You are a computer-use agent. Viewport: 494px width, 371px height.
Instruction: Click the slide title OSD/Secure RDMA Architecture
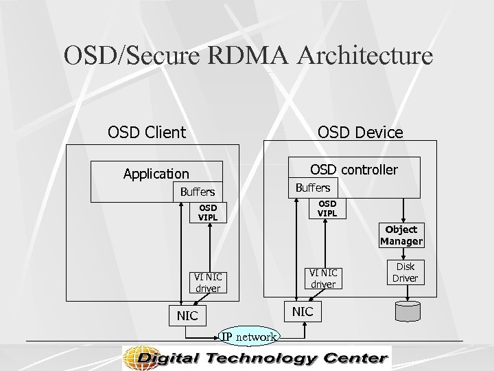[248, 55]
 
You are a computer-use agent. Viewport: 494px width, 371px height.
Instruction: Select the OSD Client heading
[147, 131]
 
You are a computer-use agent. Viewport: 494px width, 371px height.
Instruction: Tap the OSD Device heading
[359, 132]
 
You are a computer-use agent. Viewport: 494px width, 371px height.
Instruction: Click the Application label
[156, 174]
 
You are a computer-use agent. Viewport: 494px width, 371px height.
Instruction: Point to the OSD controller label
[353, 168]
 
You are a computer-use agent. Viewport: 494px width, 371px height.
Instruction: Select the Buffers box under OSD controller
[312, 187]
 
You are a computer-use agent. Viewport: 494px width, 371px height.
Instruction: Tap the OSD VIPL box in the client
[207, 212]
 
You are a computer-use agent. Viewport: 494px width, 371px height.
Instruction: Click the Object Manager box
[401, 235]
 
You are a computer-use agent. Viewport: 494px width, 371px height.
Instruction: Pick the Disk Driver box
[405, 272]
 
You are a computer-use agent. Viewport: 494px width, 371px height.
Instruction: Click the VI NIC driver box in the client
[207, 282]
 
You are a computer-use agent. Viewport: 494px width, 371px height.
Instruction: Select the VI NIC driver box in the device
[322, 278]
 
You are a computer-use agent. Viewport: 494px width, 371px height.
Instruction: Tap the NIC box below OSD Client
[187, 315]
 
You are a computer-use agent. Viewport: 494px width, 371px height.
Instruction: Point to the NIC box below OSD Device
[303, 311]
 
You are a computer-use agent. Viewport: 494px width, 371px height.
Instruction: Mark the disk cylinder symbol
[410, 311]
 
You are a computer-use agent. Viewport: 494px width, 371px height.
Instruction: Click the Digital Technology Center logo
[256, 358]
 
